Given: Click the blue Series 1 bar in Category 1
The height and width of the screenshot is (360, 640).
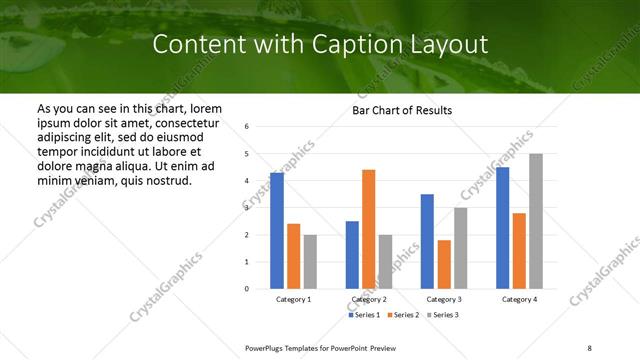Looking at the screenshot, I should click(277, 231).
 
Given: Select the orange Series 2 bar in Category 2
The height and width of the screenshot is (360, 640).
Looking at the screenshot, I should click(368, 229).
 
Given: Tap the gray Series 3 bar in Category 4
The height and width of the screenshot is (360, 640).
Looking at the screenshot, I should click(536, 221).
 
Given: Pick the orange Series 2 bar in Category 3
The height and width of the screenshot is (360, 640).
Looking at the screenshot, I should click(443, 264).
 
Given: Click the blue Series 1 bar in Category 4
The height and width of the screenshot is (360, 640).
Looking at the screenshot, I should click(502, 228).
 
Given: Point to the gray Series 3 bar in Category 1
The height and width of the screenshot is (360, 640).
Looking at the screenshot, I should click(310, 262).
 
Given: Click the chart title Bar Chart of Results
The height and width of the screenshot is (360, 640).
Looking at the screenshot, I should click(402, 110).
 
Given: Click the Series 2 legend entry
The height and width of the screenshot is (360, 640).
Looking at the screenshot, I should click(402, 315).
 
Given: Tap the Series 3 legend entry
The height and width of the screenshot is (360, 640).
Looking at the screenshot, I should click(442, 315).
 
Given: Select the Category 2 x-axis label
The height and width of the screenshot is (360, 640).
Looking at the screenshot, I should click(368, 300).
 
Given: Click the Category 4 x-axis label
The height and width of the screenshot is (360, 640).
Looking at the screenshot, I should click(518, 300).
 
